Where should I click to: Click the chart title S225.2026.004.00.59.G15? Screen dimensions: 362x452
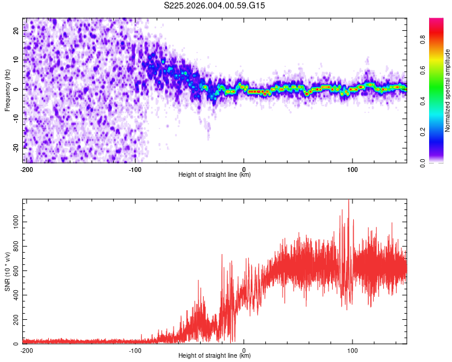point(215,5)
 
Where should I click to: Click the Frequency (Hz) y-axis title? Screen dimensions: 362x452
point(7,91)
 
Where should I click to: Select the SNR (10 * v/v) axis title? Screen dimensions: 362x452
point(7,271)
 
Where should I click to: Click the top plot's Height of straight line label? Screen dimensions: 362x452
point(215,174)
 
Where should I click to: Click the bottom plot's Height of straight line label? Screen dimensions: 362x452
point(215,355)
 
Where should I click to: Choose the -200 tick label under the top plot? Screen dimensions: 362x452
point(26,169)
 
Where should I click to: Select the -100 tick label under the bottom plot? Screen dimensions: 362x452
point(135,350)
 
